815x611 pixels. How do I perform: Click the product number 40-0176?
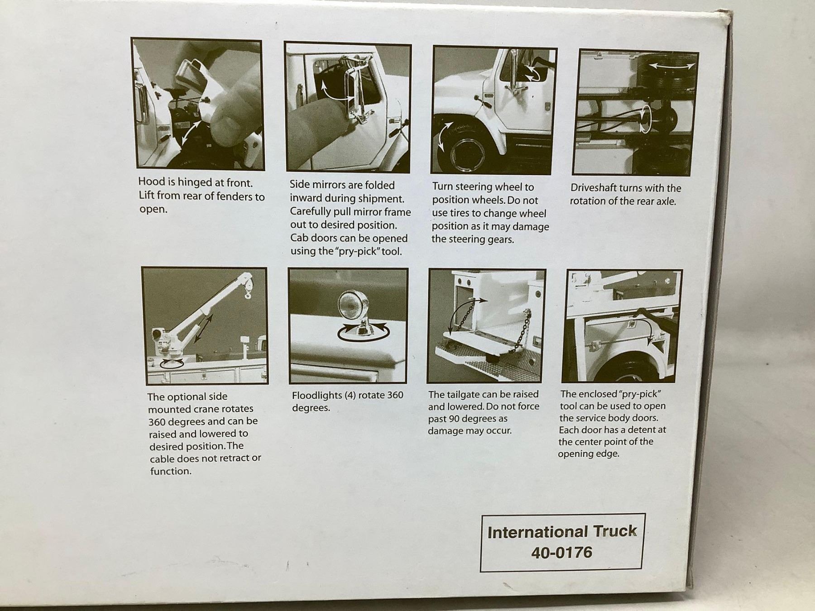[561, 552]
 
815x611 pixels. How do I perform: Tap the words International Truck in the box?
[562, 531]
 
